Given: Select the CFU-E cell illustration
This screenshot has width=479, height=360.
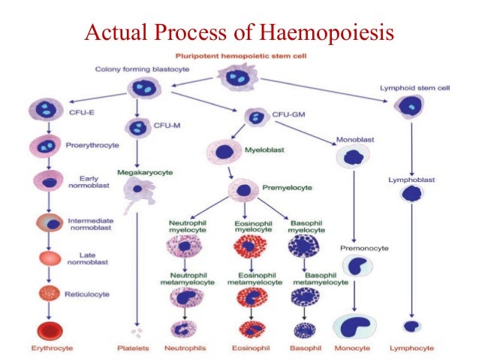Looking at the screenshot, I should click(x=44, y=110).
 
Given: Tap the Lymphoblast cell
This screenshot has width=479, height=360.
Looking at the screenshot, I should click(x=411, y=194).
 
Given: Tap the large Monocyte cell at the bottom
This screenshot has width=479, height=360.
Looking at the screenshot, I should click(x=354, y=325).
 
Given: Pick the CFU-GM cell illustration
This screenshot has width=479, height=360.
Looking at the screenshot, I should click(x=256, y=116).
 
